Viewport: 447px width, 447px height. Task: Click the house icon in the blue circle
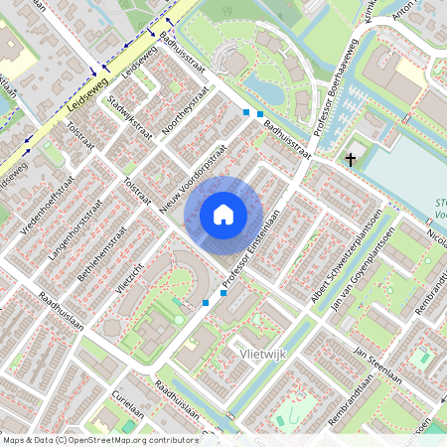click(223, 214)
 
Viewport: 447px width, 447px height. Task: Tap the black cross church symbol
click(350, 158)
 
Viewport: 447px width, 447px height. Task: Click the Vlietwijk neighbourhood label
click(262, 353)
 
